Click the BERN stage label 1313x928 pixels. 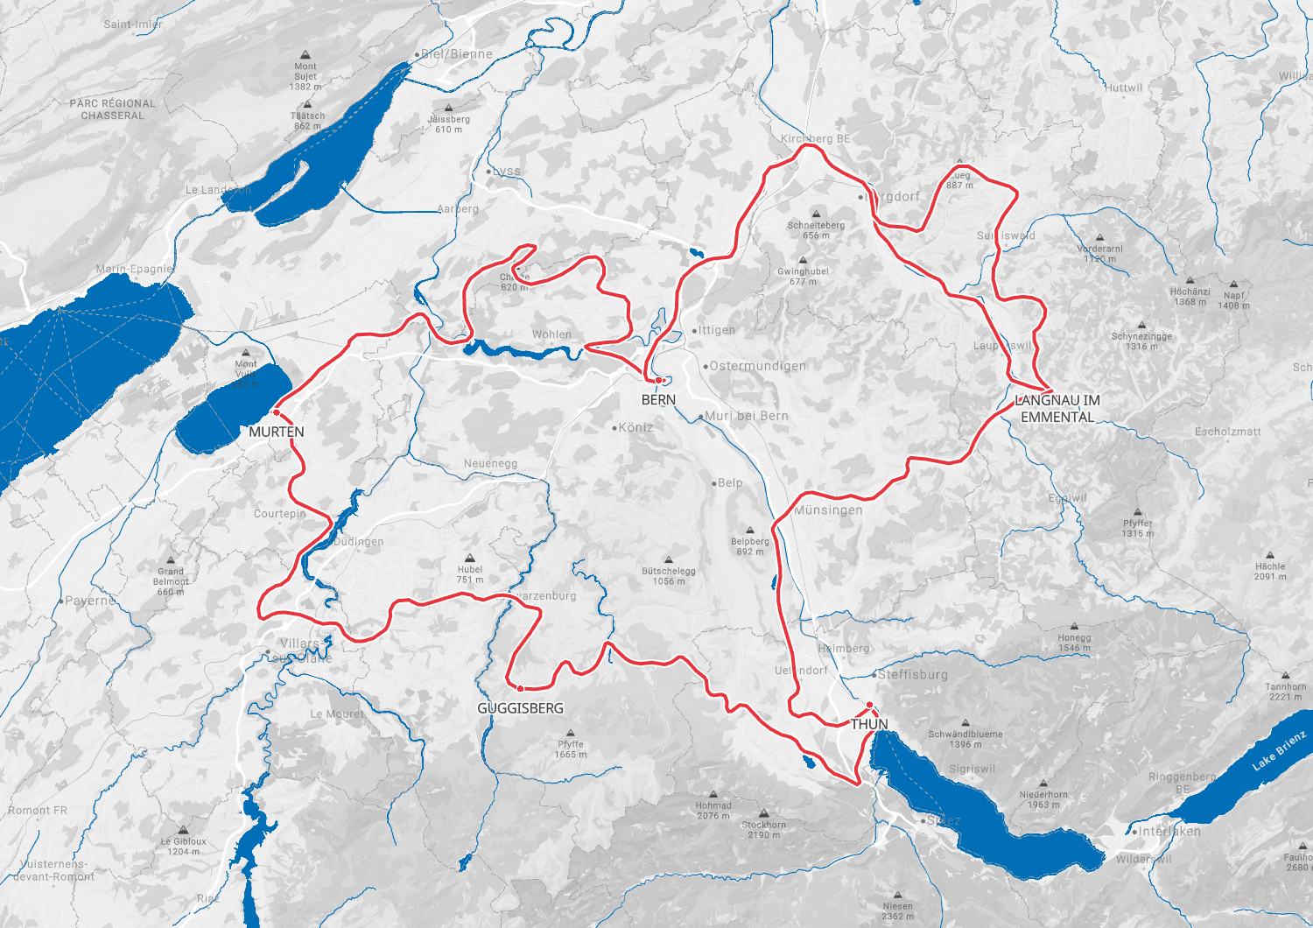pyautogui.click(x=658, y=400)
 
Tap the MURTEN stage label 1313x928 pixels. pyautogui.click(x=277, y=432)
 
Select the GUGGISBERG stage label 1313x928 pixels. pyautogui.click(x=520, y=708)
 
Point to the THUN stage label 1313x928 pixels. pyautogui.click(x=869, y=725)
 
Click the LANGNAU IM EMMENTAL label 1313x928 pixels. pyautogui.click(x=1057, y=409)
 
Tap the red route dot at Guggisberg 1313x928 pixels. pyautogui.click(x=520, y=689)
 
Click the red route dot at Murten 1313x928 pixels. pyautogui.click(x=277, y=412)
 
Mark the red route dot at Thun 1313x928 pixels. pyautogui.click(x=869, y=705)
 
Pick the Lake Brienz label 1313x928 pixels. pyautogui.click(x=1279, y=751)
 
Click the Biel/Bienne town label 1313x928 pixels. pyautogui.click(x=456, y=54)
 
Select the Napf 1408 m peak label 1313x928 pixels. pyautogui.click(x=1233, y=300)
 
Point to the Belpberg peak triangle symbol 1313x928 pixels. pyautogui.click(x=750, y=531)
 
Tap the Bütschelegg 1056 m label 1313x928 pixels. pyautogui.click(x=669, y=576)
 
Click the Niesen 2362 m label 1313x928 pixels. pyautogui.click(x=897, y=911)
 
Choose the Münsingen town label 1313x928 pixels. pyautogui.click(x=828, y=510)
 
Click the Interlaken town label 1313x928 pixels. pyautogui.click(x=1169, y=832)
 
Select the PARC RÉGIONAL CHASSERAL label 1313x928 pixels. pyautogui.click(x=112, y=109)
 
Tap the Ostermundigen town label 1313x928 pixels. pyautogui.click(x=757, y=367)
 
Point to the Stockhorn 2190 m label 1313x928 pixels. pyautogui.click(x=763, y=829)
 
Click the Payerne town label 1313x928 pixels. pyautogui.click(x=89, y=601)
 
